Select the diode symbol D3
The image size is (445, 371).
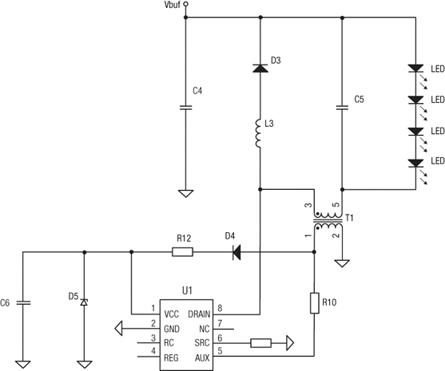pyautogui.click(x=260, y=69)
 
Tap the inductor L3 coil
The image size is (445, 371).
pyautogui.click(x=260, y=133)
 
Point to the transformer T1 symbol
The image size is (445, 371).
pyautogui.click(x=326, y=221)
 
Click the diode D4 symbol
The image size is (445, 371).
pyautogui.click(x=237, y=252)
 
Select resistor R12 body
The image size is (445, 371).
pyautogui.click(x=182, y=252)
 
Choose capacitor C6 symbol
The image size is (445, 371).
pyautogui.click(x=23, y=303)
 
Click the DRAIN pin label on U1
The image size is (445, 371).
pyautogui.click(x=199, y=314)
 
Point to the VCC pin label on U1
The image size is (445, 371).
pyautogui.click(x=171, y=314)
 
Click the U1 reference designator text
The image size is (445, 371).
pyautogui.click(x=185, y=293)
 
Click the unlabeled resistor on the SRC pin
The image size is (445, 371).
pyautogui.click(x=261, y=344)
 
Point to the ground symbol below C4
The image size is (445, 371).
pyautogui.click(x=186, y=192)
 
